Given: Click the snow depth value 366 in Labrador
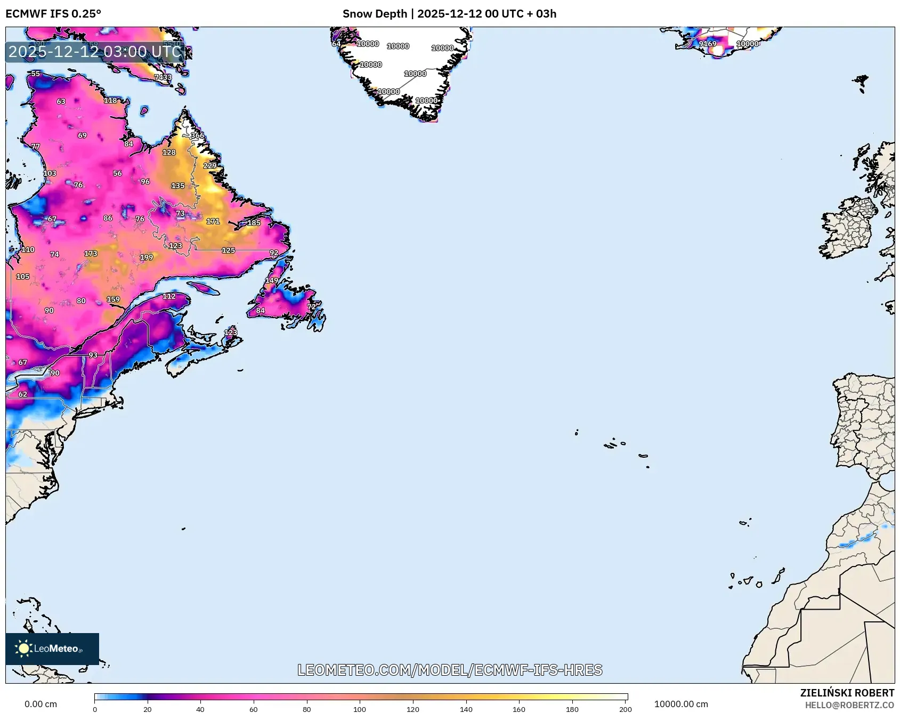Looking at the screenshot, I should tap(197, 135).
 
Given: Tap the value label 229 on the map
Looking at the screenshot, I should tap(210, 166).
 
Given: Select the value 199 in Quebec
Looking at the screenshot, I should tap(147, 257).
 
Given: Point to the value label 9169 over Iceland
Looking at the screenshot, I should tap(708, 44).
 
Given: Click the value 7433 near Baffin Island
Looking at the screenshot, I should tap(163, 77).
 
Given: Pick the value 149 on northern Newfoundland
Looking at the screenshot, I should tap(272, 280).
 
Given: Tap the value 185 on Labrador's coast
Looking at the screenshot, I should tap(254, 223).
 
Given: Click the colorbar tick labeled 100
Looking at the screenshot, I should tap(360, 709).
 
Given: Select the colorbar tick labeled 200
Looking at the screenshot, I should tap(625, 709).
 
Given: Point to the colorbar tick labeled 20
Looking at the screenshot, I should tap(148, 709).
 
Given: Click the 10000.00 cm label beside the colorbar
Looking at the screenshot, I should tap(680, 704).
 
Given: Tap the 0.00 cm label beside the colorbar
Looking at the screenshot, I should tap(40, 704).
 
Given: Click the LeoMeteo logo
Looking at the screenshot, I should tap(52, 649).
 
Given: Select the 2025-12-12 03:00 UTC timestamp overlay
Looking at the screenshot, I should tap(95, 52).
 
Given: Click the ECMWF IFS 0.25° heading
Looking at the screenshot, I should tap(53, 14).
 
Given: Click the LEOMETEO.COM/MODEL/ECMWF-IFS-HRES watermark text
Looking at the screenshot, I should tap(450, 670).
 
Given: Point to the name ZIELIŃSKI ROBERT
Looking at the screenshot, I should tap(847, 693).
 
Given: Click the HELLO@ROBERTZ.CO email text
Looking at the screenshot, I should tap(849, 705).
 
